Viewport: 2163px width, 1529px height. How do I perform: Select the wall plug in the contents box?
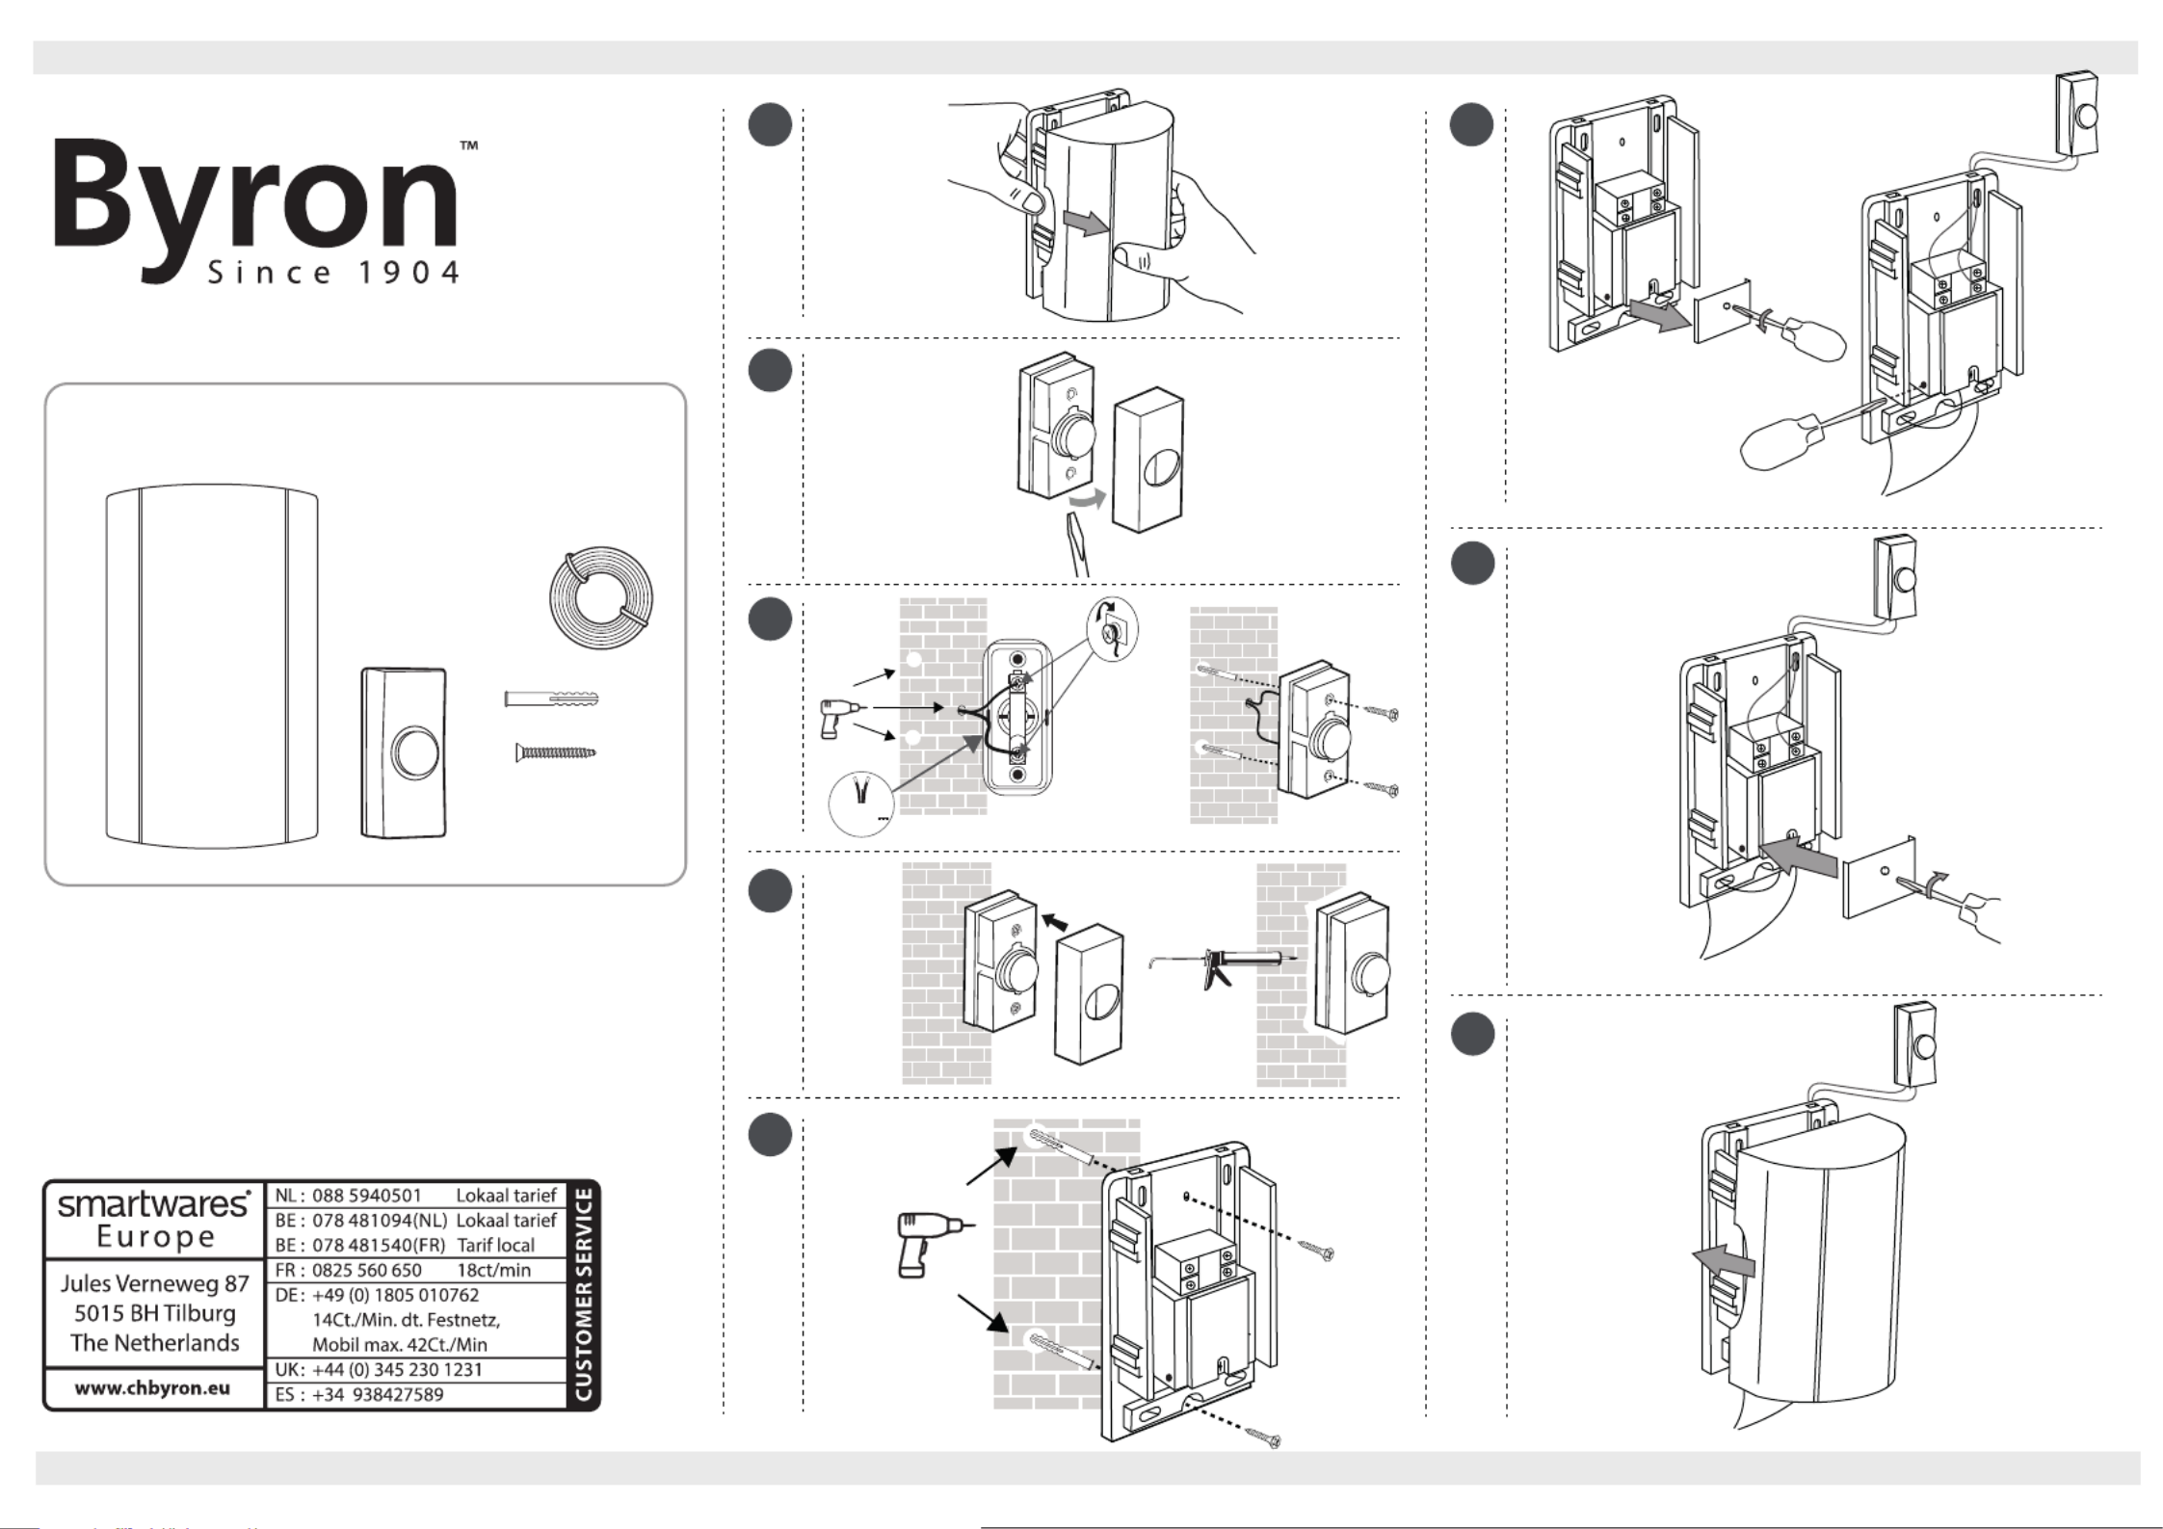coord(551,699)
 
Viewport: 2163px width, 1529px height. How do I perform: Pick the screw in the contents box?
coord(555,751)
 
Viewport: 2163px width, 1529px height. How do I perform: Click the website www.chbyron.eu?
coord(153,1388)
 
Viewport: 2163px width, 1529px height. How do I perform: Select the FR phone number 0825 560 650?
coord(366,1270)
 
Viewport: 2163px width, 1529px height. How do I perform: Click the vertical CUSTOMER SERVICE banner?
coord(584,1295)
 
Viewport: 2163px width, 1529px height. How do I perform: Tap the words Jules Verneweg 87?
coord(155,1283)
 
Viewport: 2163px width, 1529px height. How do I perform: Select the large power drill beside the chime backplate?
coord(926,1243)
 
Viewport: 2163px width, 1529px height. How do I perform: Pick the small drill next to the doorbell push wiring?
coord(835,717)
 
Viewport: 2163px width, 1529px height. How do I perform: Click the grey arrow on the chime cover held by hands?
coord(1085,224)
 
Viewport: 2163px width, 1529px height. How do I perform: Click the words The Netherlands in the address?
coord(155,1343)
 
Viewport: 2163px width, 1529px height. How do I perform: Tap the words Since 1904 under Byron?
coord(333,273)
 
